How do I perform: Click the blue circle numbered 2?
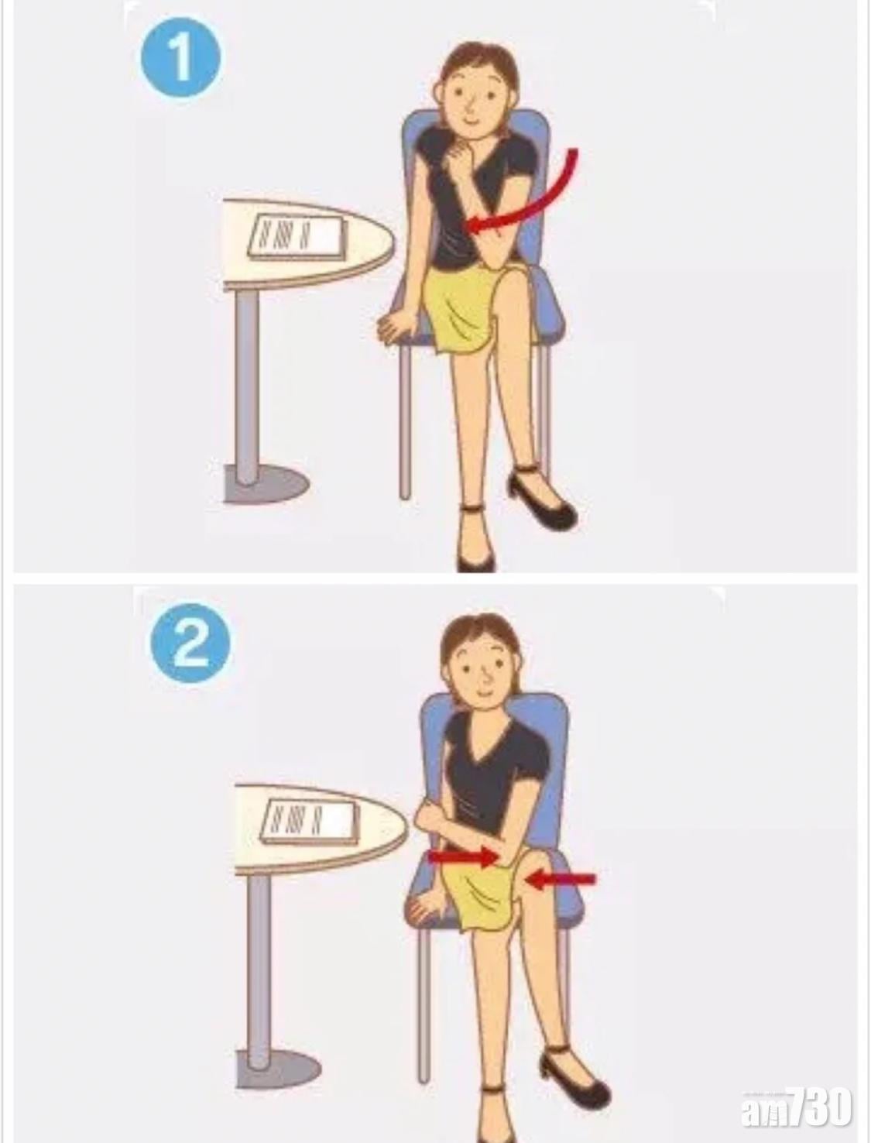(x=190, y=647)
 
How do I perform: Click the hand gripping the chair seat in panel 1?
(x=393, y=327)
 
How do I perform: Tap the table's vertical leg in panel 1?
(x=246, y=389)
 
